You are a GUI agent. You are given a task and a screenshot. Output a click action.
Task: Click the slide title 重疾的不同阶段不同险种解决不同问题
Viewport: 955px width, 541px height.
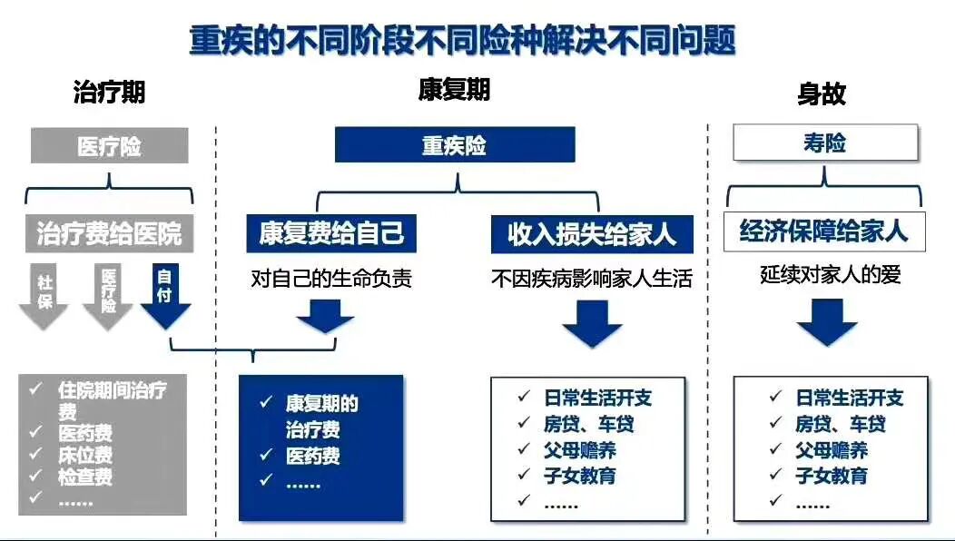click(x=462, y=41)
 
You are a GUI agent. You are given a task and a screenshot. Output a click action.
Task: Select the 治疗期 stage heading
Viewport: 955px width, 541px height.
click(x=109, y=92)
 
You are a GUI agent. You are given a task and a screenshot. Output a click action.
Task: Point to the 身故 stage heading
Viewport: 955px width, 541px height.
click(x=822, y=93)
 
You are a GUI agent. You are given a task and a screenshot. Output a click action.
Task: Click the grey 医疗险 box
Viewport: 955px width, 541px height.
click(x=109, y=146)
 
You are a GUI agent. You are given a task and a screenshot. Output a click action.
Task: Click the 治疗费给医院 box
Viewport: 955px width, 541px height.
click(x=109, y=233)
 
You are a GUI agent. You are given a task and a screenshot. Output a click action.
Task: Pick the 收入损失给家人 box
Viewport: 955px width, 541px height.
click(x=592, y=234)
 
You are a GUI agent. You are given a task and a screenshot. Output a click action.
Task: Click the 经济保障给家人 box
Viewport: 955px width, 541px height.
click(x=824, y=231)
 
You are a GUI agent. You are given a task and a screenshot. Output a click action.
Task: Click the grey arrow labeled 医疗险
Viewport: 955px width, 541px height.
click(x=108, y=295)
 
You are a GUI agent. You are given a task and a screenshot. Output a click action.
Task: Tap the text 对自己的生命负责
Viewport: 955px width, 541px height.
click(x=331, y=278)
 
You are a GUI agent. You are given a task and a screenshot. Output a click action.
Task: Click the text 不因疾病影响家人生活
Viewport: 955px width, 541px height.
click(x=592, y=278)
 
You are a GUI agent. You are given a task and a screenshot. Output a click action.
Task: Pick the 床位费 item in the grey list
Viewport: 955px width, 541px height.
click(x=85, y=455)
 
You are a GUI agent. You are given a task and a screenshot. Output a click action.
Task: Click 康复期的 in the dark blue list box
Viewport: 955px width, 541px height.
click(x=322, y=404)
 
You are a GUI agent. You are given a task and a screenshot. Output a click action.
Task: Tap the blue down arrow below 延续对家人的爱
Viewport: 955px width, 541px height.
click(x=827, y=322)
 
